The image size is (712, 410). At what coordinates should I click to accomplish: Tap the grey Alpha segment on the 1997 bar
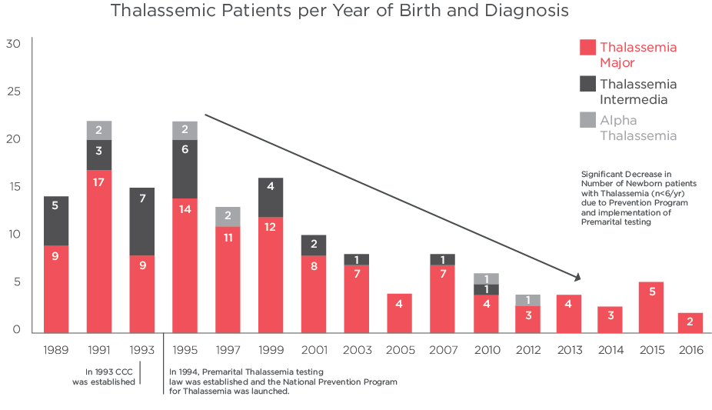228,216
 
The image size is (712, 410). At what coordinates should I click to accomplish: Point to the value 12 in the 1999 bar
271,228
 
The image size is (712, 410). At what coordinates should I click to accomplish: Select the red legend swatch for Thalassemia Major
587,48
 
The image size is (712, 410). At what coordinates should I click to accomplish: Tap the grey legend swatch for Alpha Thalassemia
587,120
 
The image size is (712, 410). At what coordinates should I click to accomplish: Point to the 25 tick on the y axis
13,92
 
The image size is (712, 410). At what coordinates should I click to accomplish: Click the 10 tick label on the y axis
13,235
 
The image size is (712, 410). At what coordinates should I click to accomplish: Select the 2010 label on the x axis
485,351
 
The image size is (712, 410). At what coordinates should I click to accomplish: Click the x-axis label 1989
56,351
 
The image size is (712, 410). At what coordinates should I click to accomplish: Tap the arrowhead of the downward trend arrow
576,277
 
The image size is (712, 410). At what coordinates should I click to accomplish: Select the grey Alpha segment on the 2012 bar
528,300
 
